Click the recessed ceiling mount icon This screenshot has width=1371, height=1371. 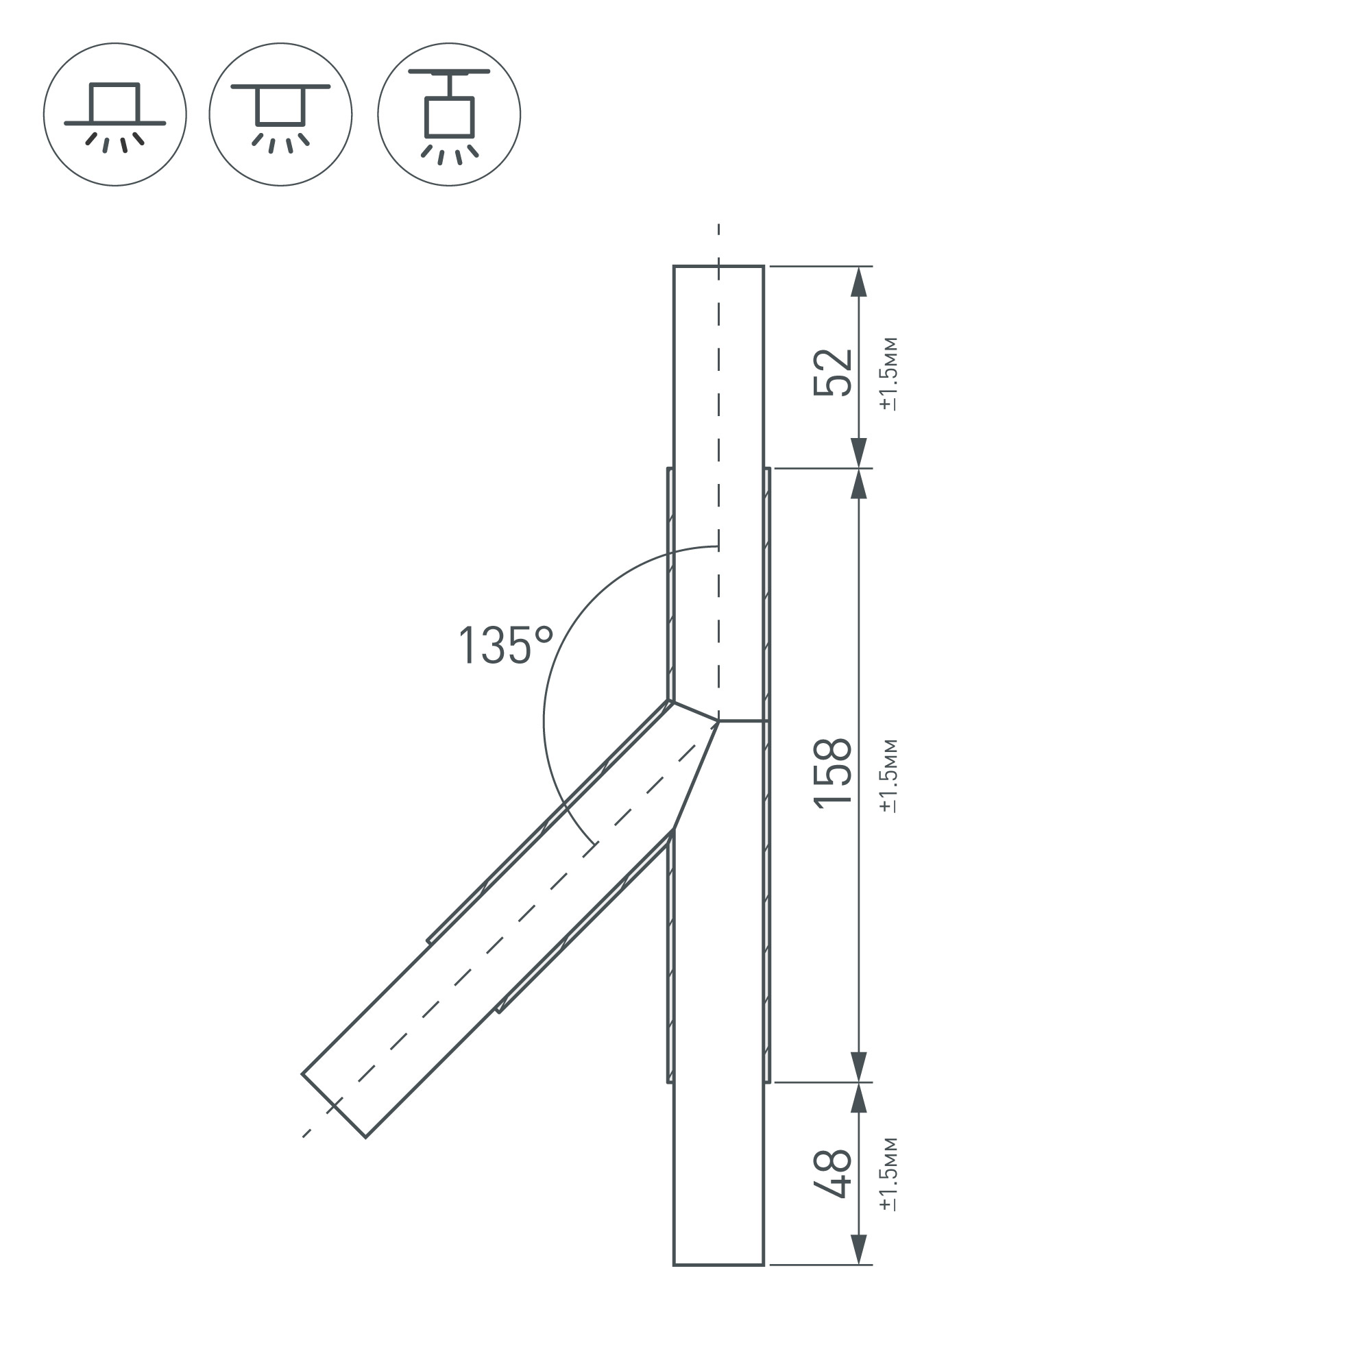(x=115, y=114)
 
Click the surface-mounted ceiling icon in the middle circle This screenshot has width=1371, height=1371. (x=280, y=114)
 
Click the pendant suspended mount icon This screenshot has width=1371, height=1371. (x=448, y=114)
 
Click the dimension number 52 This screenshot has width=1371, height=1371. (x=832, y=372)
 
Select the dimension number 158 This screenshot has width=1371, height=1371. (x=832, y=772)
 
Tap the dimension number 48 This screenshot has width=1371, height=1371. (x=832, y=1174)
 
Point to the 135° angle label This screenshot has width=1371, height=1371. (x=505, y=646)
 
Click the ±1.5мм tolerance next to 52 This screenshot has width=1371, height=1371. (x=888, y=374)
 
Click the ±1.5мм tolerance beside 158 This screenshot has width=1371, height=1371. (x=888, y=775)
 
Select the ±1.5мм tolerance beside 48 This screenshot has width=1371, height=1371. (x=888, y=1174)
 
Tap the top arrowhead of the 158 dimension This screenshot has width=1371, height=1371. (x=859, y=484)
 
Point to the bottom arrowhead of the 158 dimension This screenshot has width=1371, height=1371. (x=859, y=1067)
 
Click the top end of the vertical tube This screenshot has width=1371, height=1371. (x=718, y=267)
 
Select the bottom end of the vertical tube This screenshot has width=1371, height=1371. (x=718, y=1264)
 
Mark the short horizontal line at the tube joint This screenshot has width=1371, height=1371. (x=742, y=721)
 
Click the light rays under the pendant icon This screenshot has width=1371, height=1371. (x=449, y=155)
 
